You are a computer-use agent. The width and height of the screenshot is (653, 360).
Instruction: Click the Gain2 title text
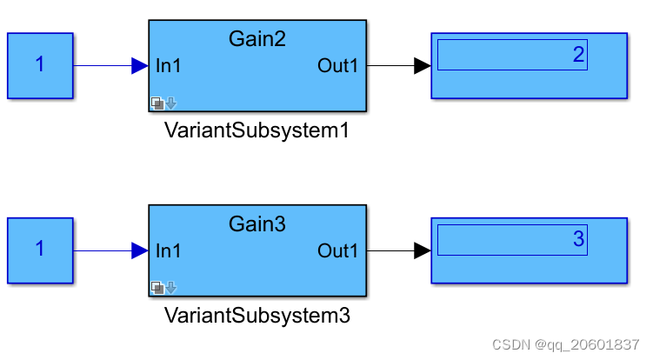tap(257, 38)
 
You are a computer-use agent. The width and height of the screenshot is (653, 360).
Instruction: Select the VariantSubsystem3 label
tap(257, 316)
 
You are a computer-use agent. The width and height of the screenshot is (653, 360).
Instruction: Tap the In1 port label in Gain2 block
tap(169, 66)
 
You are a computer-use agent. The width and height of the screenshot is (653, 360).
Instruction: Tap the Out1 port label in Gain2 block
tap(337, 66)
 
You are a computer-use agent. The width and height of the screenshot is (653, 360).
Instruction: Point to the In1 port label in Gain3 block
tap(169, 251)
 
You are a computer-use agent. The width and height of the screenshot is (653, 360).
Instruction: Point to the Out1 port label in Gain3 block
tap(337, 251)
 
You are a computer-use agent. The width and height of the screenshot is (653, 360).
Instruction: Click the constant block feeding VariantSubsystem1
tap(40, 65)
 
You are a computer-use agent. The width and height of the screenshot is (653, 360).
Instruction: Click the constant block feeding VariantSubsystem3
tap(40, 250)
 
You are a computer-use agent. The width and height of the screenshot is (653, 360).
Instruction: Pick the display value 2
tap(578, 55)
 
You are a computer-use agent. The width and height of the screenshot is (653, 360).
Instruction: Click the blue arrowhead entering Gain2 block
tap(139, 66)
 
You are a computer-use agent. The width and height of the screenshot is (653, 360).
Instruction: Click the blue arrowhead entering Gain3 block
tap(139, 251)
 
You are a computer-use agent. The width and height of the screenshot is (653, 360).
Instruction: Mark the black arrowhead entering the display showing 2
tap(422, 66)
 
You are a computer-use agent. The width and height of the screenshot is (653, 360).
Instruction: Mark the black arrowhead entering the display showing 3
tap(422, 251)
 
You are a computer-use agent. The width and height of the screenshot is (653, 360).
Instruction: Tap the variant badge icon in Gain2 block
tap(163, 103)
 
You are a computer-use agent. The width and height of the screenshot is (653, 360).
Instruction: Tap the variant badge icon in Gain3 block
tap(163, 288)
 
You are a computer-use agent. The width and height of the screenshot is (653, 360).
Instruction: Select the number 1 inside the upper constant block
tap(40, 64)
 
